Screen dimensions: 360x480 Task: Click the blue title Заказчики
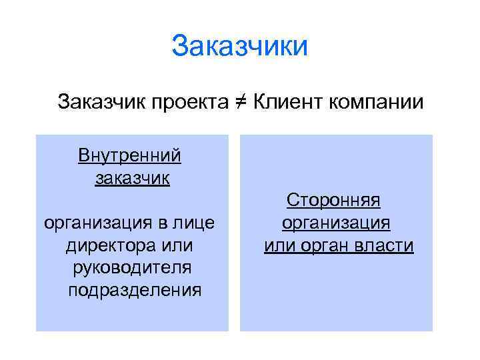(239, 47)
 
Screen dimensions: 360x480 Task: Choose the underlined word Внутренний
(129, 156)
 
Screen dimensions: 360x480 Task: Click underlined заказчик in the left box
(132, 178)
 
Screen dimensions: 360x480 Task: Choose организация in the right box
(336, 223)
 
